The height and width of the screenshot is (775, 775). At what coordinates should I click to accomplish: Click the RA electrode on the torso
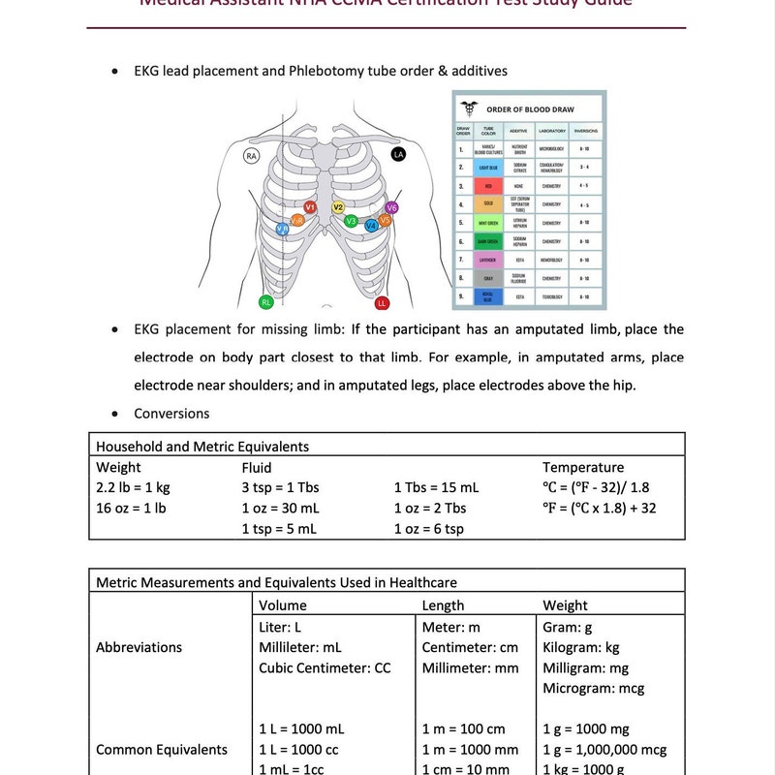252,155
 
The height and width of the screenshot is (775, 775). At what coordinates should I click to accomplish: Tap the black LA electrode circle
398,154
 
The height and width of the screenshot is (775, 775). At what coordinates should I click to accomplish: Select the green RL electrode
266,302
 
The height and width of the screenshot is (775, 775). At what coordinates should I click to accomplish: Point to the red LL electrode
382,303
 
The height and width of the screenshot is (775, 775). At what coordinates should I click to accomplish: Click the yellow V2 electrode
338,207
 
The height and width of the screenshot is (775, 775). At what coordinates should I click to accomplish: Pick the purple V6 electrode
391,207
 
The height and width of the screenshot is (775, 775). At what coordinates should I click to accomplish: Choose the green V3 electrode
352,221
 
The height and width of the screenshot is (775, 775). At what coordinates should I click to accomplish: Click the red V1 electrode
310,207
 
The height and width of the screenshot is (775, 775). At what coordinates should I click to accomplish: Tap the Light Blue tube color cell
489,167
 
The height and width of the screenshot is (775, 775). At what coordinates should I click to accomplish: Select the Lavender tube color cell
489,260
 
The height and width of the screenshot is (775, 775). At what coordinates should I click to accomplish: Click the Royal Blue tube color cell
489,295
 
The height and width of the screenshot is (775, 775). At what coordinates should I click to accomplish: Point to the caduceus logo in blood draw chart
471,108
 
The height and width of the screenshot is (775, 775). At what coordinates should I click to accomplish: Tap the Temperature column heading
583,467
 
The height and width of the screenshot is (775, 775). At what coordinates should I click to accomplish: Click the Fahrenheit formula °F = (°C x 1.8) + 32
600,508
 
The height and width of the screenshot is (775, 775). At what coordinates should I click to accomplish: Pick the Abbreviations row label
139,647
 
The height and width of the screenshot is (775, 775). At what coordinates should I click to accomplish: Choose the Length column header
444,605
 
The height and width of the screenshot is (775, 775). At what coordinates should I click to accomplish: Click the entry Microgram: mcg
594,689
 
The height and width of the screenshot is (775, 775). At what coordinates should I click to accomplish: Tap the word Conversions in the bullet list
171,414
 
